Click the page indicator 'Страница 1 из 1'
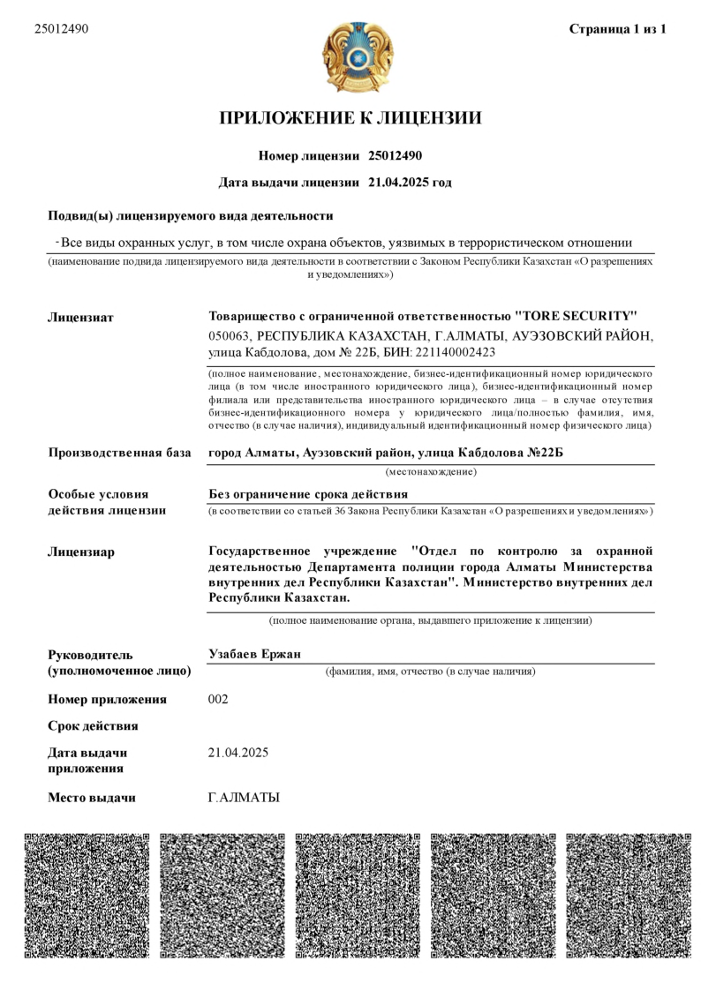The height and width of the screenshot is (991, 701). click(616, 29)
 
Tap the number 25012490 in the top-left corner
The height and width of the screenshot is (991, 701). click(61, 29)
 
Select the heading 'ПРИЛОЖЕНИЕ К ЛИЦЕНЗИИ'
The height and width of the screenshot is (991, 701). click(350, 118)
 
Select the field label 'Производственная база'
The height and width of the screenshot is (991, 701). click(119, 453)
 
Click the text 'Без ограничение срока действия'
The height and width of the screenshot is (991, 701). click(307, 493)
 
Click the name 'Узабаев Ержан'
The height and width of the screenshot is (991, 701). click(253, 654)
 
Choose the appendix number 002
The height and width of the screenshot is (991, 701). click(217, 700)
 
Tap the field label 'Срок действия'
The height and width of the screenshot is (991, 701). click(93, 726)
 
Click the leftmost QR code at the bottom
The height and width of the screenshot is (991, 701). click(87, 895)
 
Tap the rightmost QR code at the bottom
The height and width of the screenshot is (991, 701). click(629, 895)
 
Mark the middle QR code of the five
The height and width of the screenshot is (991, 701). click(358, 895)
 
